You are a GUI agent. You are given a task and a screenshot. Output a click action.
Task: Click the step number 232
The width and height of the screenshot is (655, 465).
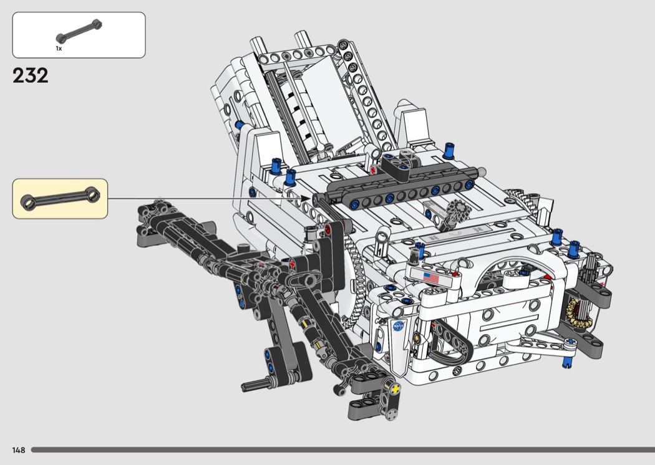tap(30, 75)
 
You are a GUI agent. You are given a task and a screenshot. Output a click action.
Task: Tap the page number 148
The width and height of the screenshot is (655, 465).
tap(19, 450)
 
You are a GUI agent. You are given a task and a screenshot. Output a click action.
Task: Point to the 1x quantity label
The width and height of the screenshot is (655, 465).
tap(59, 49)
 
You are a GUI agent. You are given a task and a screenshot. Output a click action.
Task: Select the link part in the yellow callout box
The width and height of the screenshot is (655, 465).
tap(60, 198)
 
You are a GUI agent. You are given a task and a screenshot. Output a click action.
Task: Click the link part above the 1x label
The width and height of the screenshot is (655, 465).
tap(79, 31)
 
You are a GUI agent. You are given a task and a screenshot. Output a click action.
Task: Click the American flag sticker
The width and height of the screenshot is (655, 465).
tap(430, 277)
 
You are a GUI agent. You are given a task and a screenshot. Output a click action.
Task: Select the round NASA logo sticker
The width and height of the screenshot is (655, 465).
tap(399, 325)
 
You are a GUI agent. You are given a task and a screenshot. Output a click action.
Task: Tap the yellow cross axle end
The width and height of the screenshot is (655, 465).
tap(394, 388)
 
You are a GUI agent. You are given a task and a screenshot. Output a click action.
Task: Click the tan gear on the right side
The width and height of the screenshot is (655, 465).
tap(578, 312)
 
